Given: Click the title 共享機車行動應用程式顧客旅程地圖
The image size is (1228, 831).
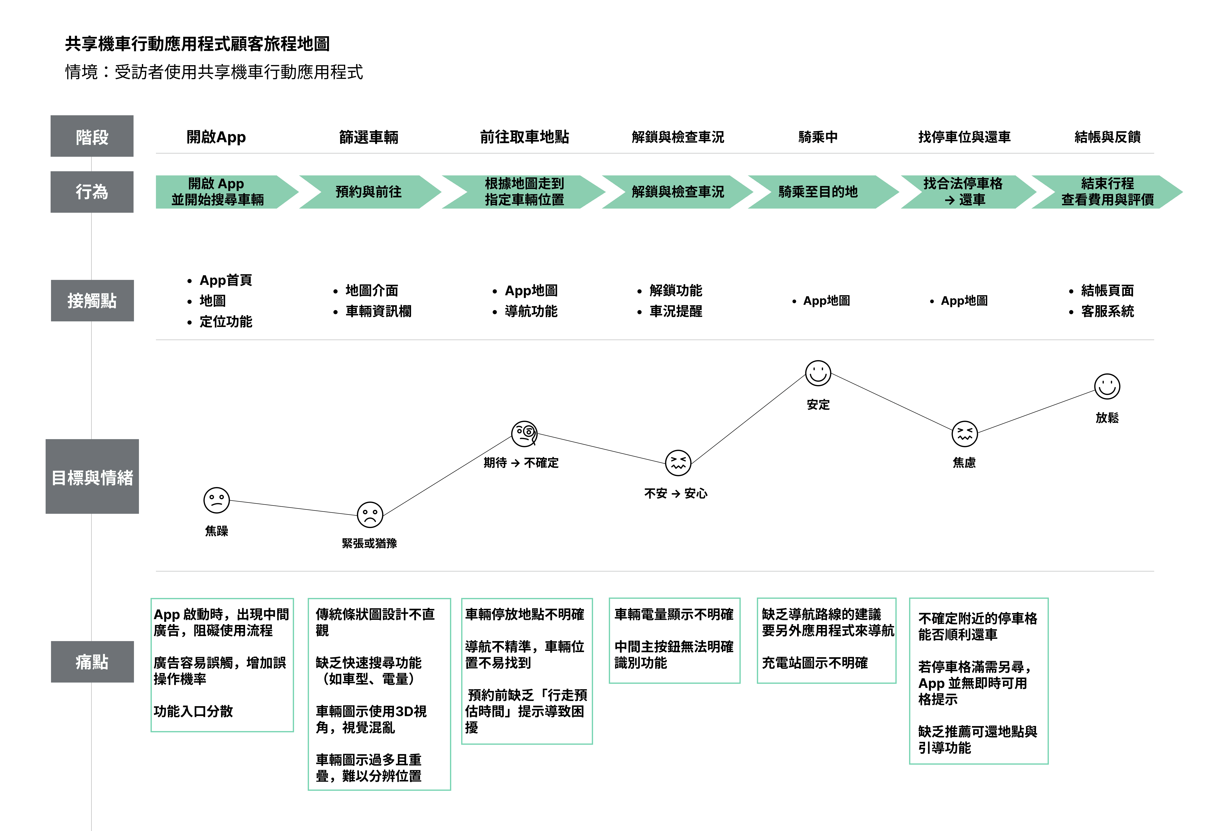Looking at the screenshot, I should (197, 44).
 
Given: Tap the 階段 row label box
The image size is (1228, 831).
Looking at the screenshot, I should (92, 136).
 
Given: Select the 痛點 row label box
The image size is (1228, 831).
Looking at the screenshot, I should (92, 661).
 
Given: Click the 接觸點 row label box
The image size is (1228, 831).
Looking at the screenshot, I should (92, 301).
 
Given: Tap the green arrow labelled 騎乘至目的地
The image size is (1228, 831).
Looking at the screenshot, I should (818, 192).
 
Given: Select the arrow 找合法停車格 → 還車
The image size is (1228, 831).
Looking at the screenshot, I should (963, 192).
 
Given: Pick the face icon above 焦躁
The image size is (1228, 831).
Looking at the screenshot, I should (217, 500).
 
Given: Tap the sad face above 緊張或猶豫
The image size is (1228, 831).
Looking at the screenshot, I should (370, 515).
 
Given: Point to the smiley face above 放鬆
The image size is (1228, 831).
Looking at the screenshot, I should (1107, 386).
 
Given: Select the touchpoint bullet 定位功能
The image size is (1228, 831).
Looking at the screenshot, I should (226, 322).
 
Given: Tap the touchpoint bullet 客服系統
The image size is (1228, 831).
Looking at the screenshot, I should (1107, 312).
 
